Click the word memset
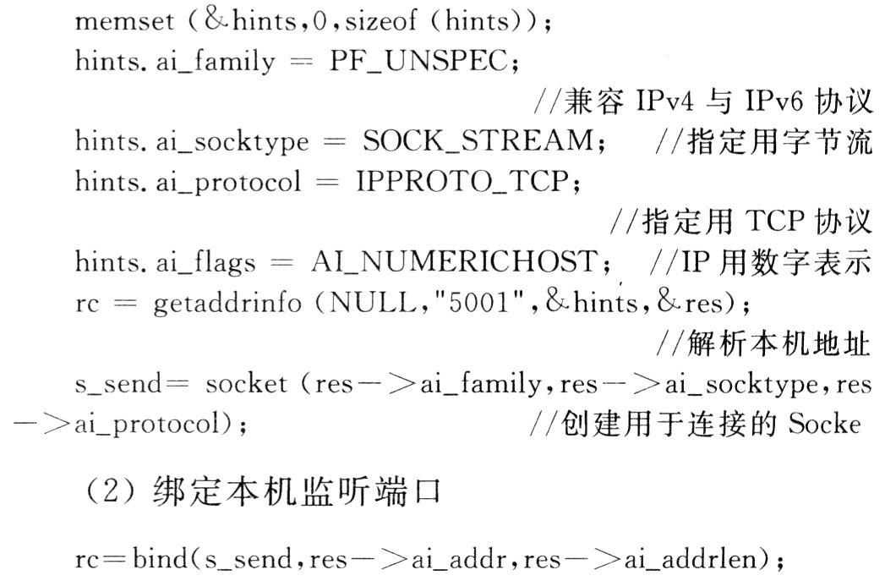[124, 21]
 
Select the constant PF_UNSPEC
[418, 61]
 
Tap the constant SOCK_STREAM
[478, 140]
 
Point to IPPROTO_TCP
[462, 181]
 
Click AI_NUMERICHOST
[454, 261]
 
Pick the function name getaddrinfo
[227, 304]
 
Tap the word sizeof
[380, 21]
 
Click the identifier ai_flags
[205, 262]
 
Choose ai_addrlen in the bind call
[690, 559]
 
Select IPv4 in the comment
[664, 101]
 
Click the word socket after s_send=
[246, 384]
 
